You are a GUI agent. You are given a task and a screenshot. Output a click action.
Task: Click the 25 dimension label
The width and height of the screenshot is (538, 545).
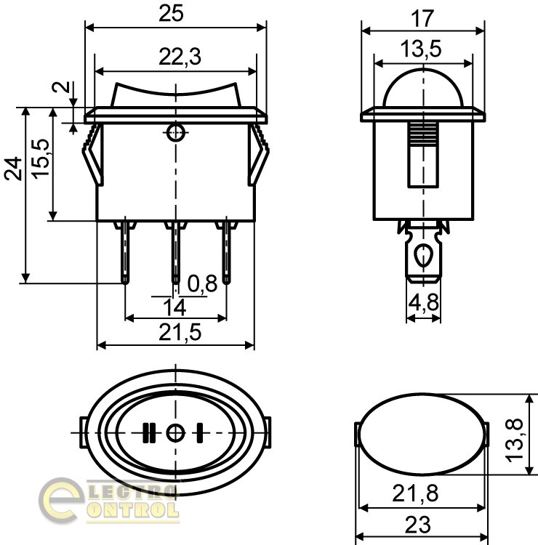pyautogui.click(x=171, y=14)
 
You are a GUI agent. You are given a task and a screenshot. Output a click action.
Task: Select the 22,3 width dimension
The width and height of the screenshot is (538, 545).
pyautogui.click(x=180, y=57)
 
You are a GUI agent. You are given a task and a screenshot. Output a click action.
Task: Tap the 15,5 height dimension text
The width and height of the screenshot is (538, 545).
pyautogui.click(x=41, y=159)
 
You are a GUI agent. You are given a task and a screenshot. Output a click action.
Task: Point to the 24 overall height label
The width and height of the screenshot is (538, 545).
pyautogui.click(x=13, y=169)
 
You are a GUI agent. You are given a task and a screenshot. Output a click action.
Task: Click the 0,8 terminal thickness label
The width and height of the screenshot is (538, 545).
pyautogui.click(x=202, y=283)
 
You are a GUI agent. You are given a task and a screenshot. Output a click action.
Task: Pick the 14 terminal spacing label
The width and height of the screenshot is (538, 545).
pyautogui.click(x=174, y=307)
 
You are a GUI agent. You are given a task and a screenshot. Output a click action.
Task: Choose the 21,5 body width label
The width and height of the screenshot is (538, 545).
pyautogui.click(x=180, y=332)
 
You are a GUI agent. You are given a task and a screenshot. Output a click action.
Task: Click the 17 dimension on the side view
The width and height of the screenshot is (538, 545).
pyautogui.click(x=422, y=18)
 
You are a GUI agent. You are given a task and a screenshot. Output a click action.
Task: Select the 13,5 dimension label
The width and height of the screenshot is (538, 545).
pyautogui.click(x=421, y=49)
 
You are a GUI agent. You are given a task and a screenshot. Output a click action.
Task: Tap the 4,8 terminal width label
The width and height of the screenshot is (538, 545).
pyautogui.click(x=424, y=302)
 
